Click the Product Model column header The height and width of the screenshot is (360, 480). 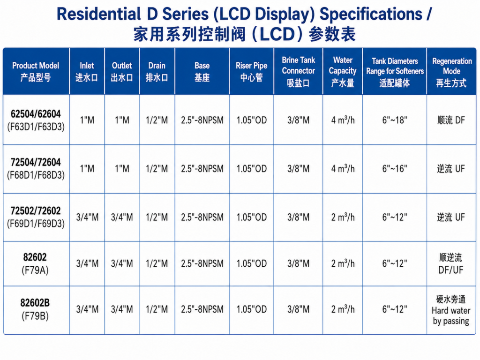click(36, 72)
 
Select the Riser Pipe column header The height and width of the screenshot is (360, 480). click(251, 72)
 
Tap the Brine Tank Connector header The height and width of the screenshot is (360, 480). click(298, 72)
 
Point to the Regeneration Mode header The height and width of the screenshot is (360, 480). click(451, 72)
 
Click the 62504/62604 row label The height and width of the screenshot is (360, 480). click(36, 120)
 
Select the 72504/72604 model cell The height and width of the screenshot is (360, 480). click(36, 169)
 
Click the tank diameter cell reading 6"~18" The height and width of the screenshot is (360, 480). click(395, 120)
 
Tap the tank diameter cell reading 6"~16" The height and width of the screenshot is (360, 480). click(395, 169)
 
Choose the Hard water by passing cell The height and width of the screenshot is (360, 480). click(451, 310)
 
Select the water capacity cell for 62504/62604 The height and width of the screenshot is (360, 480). click(343, 120)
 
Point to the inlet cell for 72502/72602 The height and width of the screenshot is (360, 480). click(87, 217)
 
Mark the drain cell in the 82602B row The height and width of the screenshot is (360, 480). click(157, 309)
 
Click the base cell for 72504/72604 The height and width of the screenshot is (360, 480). click(202, 169)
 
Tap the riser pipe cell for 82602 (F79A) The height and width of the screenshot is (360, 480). click(251, 263)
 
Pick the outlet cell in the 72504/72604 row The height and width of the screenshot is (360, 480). click(122, 169)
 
